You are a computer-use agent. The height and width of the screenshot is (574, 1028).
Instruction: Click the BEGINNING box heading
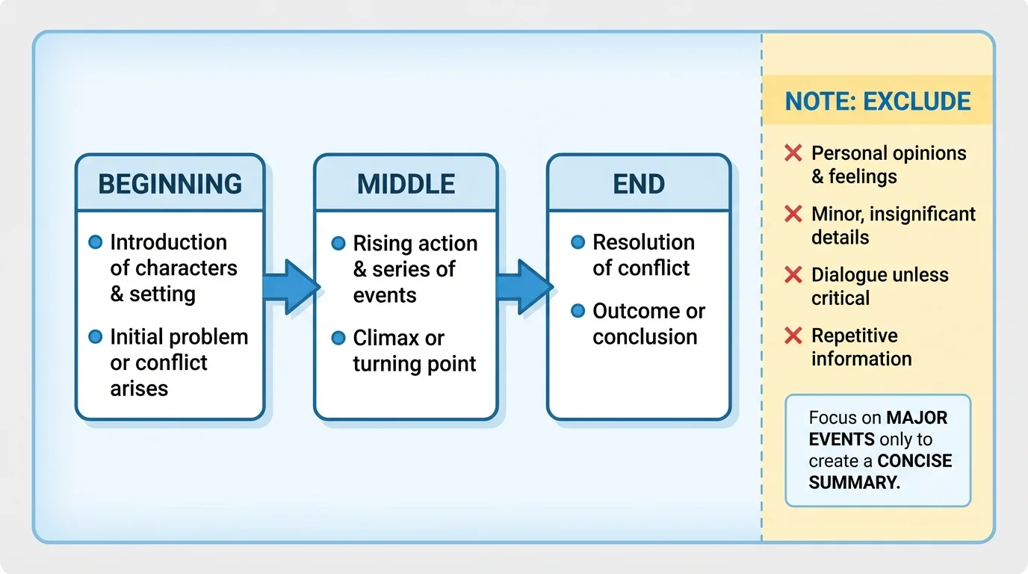click(x=170, y=184)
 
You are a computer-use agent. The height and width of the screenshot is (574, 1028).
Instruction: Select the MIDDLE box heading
click(x=406, y=184)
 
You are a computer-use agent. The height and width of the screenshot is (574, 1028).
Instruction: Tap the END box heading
click(x=639, y=184)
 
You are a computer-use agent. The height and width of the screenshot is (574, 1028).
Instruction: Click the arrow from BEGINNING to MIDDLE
click(x=291, y=287)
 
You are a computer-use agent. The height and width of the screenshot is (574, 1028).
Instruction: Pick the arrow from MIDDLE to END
click(x=524, y=287)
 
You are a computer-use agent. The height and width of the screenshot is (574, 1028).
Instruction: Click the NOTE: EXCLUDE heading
click(x=878, y=101)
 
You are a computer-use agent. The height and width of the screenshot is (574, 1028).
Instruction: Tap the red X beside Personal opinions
click(x=793, y=154)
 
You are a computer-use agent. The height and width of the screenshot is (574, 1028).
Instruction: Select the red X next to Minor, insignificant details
click(x=793, y=215)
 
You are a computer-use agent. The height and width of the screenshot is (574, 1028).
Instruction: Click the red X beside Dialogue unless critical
click(x=793, y=275)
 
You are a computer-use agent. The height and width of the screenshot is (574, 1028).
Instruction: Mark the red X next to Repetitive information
click(x=793, y=336)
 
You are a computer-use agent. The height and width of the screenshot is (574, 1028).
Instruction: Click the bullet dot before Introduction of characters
click(x=95, y=242)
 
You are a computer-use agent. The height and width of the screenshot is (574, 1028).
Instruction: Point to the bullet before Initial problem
click(x=95, y=337)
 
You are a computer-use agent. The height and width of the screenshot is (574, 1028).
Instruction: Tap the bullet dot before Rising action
click(x=338, y=244)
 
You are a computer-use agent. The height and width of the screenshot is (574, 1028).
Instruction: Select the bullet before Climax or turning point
click(x=338, y=339)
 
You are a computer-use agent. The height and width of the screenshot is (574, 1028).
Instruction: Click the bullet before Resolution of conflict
click(x=578, y=242)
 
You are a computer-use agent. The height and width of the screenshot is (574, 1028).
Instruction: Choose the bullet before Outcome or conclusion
click(x=578, y=311)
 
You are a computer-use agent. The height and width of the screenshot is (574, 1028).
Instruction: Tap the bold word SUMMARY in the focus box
click(x=854, y=482)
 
